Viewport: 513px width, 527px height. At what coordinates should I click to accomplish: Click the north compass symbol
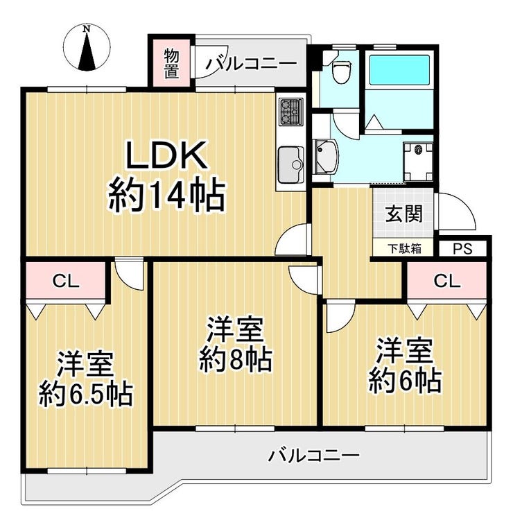point(87,48)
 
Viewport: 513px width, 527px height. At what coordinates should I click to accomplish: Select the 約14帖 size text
point(166,196)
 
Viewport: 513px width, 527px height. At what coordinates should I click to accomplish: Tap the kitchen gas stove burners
point(289,111)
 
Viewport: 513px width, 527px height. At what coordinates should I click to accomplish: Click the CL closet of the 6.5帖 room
point(67,281)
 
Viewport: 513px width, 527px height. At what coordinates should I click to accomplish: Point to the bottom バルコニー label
point(314,456)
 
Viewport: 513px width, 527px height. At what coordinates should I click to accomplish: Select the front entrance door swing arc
point(458,211)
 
